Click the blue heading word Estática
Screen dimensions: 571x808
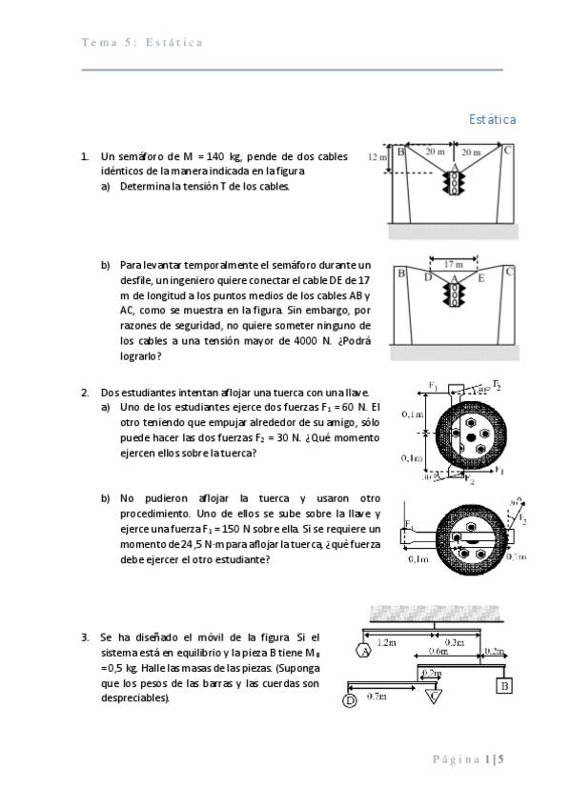492,119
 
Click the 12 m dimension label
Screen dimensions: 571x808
377,156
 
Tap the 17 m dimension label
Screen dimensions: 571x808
454,264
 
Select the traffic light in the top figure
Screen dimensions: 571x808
454,183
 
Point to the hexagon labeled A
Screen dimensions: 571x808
364,651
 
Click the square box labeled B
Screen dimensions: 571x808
504,686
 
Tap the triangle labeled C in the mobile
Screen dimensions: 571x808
434,697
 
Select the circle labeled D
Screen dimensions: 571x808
350,701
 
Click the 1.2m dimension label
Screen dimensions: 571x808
386,642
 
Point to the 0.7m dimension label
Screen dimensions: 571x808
377,697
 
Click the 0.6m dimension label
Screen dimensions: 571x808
438,651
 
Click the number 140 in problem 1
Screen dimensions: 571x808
214,156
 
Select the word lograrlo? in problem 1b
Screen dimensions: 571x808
141,356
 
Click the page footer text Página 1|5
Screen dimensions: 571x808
468,759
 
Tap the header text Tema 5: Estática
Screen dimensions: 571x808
142,42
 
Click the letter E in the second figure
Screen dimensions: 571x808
481,278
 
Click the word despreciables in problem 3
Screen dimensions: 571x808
134,698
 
